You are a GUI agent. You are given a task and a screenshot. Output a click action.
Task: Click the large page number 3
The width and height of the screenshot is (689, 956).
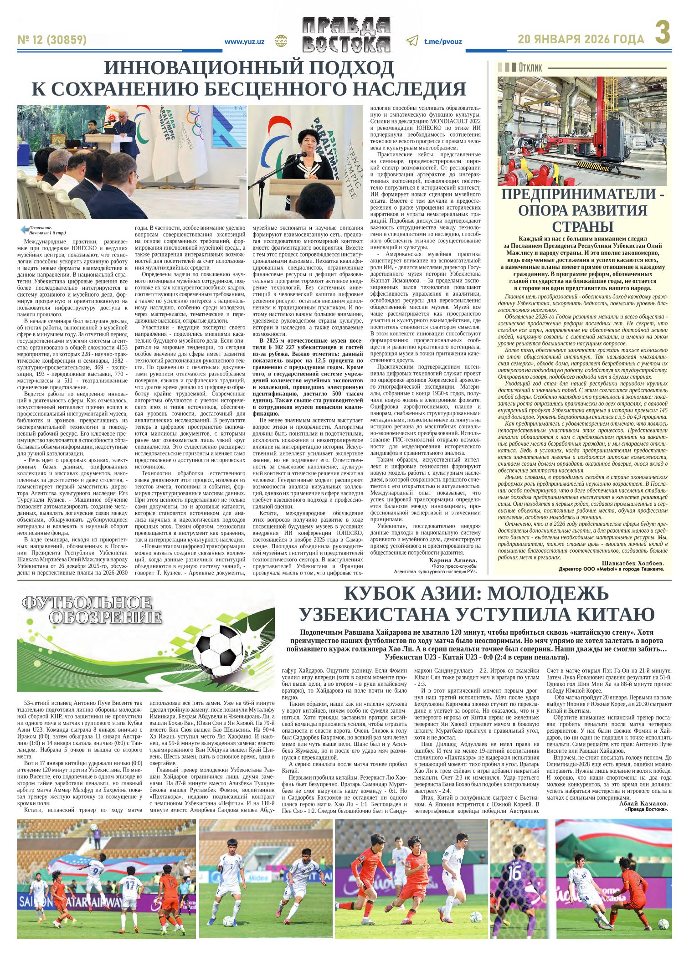[x=663, y=34]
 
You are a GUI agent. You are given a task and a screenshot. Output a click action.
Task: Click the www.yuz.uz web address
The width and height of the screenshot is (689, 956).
[x=244, y=41]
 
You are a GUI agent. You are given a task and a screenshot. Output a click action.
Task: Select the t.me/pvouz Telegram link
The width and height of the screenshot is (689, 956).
[x=442, y=41]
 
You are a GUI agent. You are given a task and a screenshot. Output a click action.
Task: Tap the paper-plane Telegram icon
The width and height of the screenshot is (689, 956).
[x=411, y=41]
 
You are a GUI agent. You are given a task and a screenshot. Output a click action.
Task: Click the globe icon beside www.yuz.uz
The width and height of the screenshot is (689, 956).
[x=280, y=41]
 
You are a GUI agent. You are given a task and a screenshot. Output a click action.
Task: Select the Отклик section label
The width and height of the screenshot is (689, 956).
[x=530, y=68]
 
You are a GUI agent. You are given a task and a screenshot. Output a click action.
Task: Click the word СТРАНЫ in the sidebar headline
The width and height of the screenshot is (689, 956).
[x=583, y=226]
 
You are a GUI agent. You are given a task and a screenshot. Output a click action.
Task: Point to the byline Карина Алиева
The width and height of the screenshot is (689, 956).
[x=453, y=560]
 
